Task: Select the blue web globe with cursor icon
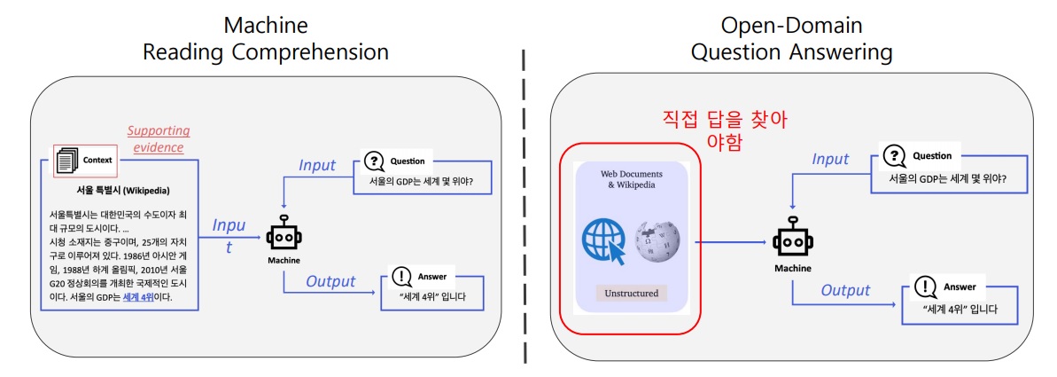tap(604, 240)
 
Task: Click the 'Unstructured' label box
tap(632, 293)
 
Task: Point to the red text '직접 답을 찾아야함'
tap(725, 130)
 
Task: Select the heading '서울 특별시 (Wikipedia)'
tap(123, 190)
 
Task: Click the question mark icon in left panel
tap(375, 161)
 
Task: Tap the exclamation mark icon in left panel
tap(401, 276)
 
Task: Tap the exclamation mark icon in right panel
tap(924, 287)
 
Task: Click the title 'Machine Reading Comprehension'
tap(266, 39)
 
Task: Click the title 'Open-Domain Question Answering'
tap(791, 39)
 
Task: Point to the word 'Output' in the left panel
tap(330, 282)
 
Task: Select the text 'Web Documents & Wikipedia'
tap(632, 179)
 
